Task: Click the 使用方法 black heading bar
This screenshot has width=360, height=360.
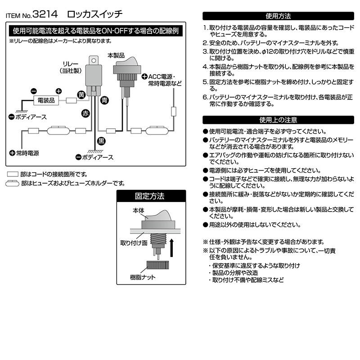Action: [278, 16]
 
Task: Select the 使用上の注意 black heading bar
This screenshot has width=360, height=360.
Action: [278, 120]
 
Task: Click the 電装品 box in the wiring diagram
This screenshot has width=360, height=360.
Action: [45, 101]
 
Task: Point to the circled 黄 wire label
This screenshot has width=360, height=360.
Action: [81, 94]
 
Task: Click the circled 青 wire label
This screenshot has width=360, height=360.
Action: [104, 99]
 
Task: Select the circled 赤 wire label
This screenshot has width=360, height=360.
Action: [86, 113]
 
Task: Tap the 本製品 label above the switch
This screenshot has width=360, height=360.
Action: [116, 55]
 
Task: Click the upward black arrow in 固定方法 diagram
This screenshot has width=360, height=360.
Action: [173, 248]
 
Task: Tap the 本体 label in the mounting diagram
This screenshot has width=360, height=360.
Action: [138, 210]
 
